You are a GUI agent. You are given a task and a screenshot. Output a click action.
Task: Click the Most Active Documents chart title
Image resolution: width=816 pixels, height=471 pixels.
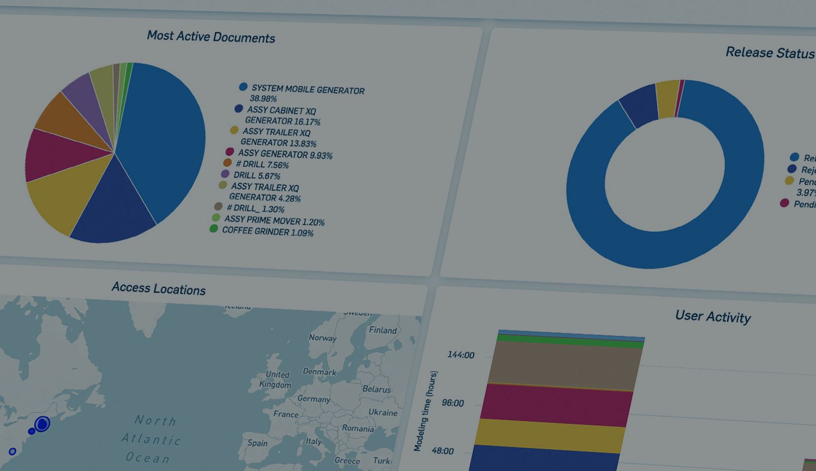point(211,37)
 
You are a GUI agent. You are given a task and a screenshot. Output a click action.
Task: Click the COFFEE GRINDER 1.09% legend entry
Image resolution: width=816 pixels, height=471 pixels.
point(267,231)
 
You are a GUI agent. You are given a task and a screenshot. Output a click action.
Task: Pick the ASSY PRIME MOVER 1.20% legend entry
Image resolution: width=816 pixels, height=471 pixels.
point(274,220)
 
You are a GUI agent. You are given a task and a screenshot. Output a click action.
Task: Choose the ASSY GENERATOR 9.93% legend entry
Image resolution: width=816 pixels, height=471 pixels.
point(285,154)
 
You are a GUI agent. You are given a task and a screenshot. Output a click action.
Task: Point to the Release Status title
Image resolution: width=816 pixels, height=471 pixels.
point(769,53)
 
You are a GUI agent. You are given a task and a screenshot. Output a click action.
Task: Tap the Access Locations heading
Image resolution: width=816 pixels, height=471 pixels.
point(159,288)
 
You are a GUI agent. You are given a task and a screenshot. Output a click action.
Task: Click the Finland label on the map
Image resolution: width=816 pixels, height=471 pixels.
point(382,330)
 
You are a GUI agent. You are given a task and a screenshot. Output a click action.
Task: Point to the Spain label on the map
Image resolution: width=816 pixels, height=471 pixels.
point(258,443)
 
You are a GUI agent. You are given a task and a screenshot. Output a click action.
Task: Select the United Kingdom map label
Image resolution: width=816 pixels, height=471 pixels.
point(276,380)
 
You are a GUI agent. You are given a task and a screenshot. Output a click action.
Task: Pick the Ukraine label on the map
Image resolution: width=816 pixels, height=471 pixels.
point(382,412)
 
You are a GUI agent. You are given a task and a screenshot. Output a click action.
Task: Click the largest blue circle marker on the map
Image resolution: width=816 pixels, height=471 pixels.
point(42,424)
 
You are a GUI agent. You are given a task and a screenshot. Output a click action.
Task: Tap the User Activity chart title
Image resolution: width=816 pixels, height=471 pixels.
point(712,316)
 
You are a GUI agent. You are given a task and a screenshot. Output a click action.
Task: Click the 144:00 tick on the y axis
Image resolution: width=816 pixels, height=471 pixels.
point(461,355)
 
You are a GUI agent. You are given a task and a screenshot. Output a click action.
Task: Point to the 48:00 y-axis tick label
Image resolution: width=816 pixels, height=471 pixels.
point(442,451)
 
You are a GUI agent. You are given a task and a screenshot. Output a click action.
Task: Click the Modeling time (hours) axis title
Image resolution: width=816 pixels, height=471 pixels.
point(425,411)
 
